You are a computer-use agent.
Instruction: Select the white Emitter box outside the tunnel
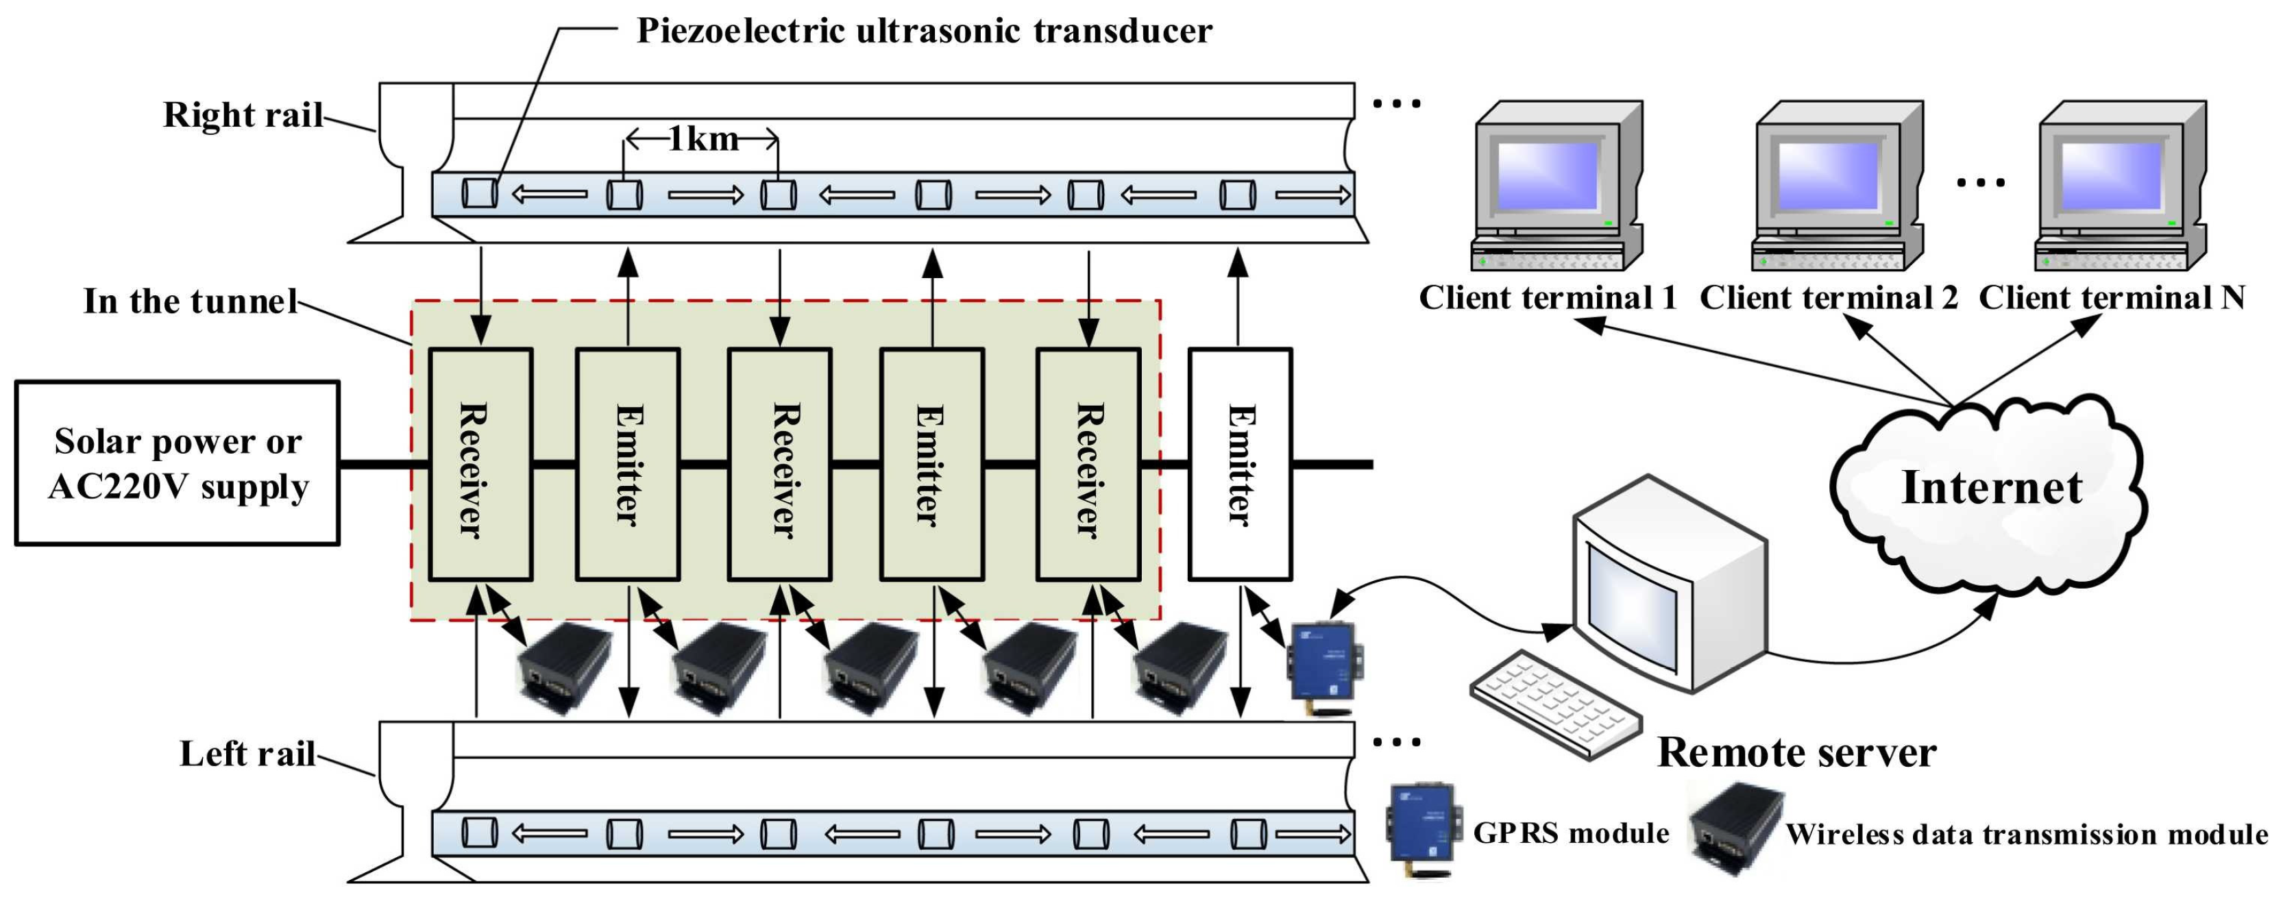(x=1240, y=463)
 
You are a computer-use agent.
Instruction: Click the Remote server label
(x=1796, y=752)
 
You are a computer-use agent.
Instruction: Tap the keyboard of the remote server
(x=1554, y=704)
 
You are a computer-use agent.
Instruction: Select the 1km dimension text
(x=702, y=138)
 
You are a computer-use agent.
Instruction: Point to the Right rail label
(x=243, y=115)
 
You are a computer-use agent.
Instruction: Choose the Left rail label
(x=247, y=753)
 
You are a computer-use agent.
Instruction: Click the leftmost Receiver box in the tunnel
(x=480, y=463)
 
